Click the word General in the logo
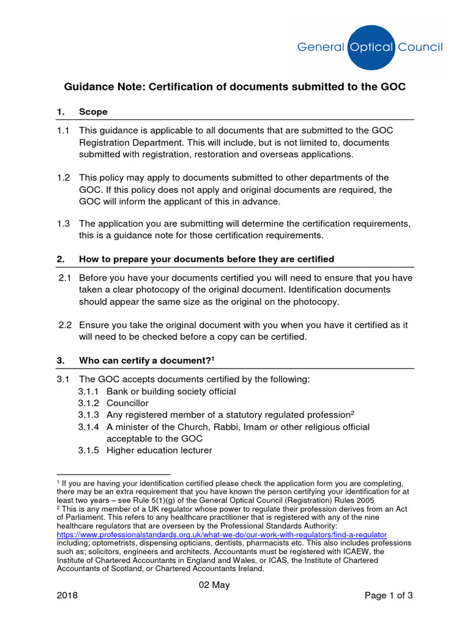(320, 47)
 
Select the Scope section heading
(93, 111)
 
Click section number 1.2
(64, 178)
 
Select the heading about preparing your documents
(206, 259)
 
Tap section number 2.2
(65, 325)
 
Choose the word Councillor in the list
(127, 403)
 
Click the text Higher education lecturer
(159, 450)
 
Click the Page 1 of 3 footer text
(389, 595)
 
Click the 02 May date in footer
(214, 585)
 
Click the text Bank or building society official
(171, 391)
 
